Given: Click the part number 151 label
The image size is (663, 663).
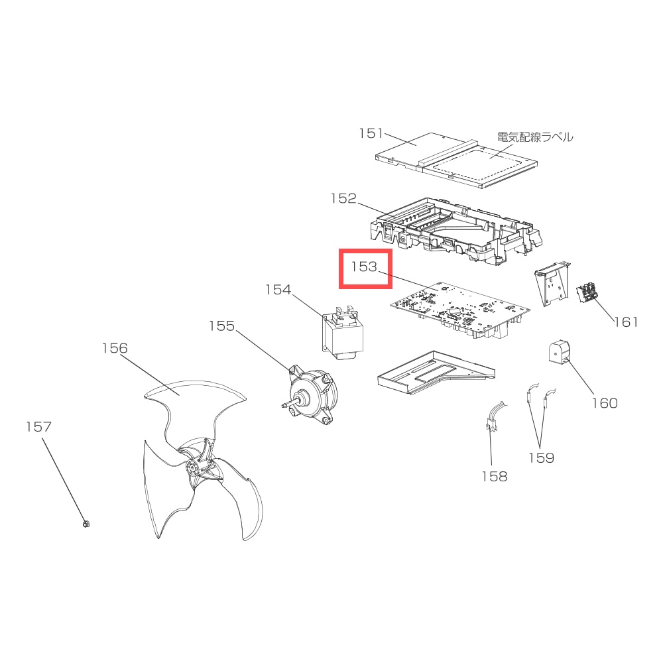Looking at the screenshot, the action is tap(371, 133).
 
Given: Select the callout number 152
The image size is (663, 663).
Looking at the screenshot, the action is tap(343, 198).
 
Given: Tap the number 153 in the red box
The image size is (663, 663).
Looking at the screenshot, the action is tap(363, 267).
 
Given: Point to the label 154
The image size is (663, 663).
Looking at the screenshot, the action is tap(278, 290).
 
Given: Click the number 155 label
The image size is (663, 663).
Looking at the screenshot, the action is tap(221, 326).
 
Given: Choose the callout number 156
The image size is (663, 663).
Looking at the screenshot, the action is tap(115, 348).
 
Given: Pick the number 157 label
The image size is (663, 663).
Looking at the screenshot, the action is tap(38, 426).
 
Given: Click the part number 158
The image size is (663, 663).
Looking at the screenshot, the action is tap(495, 477).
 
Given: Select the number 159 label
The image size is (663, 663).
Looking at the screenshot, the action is tap(541, 457).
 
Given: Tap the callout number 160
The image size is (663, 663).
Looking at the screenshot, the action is tap(605, 403).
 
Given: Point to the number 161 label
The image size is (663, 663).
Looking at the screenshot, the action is tap(626, 322).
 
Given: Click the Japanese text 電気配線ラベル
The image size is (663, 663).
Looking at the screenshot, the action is tap(535, 137).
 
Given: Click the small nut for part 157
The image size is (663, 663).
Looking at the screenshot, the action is tap(86, 524).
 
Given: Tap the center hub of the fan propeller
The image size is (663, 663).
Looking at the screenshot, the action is tap(193, 467).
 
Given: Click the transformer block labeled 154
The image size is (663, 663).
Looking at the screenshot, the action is tap(340, 334).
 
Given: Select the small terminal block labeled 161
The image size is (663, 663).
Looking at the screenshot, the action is tap(587, 293).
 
